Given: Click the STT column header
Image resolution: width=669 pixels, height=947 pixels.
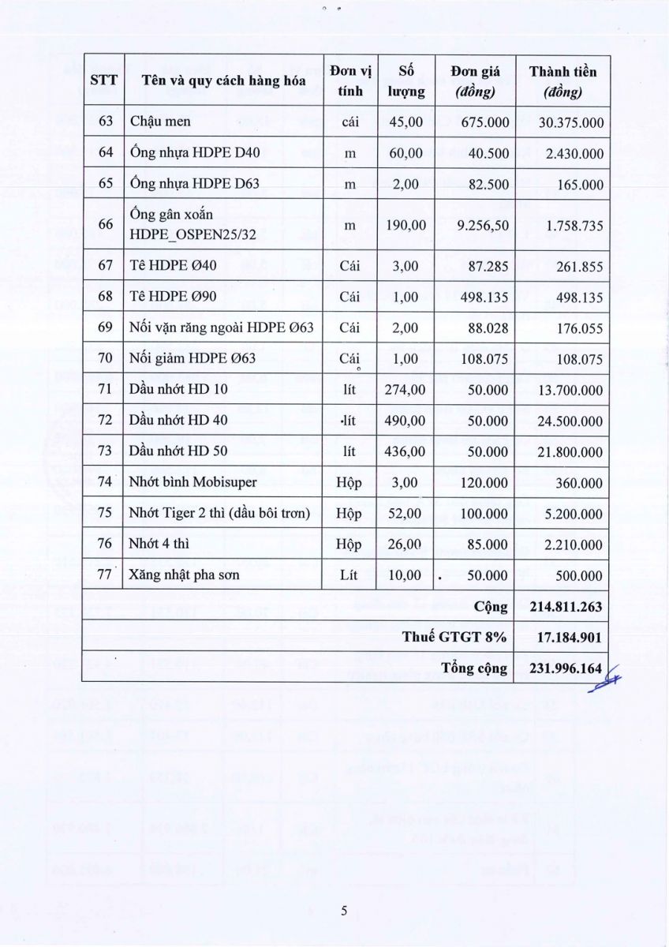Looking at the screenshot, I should (x=103, y=80).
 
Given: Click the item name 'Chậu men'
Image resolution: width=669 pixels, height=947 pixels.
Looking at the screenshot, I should (x=160, y=122).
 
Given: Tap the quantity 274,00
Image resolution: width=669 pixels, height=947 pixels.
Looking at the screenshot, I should (x=404, y=389).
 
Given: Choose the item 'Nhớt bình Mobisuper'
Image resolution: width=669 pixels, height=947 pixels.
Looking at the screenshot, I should (x=182, y=482).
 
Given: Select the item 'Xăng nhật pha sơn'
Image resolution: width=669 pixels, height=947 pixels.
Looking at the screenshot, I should (x=185, y=575).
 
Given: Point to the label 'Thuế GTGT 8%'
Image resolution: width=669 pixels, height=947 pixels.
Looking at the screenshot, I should (x=454, y=637).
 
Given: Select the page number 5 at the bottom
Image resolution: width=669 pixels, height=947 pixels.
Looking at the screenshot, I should (x=345, y=911).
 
